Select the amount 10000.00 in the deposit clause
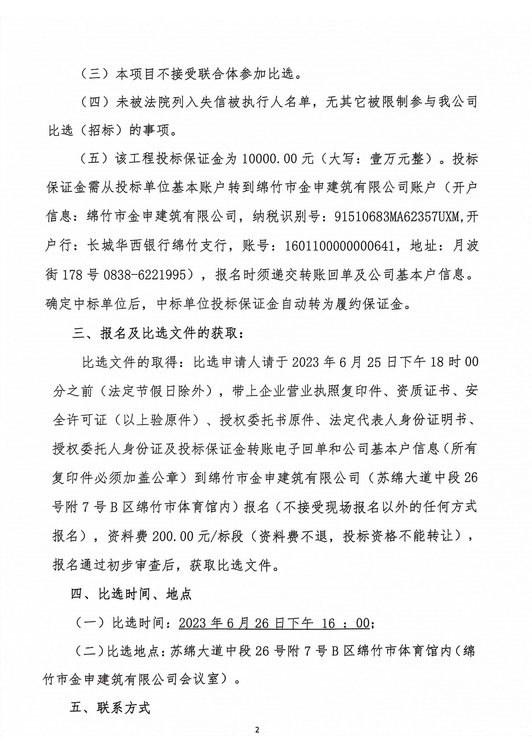tap(271, 159)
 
